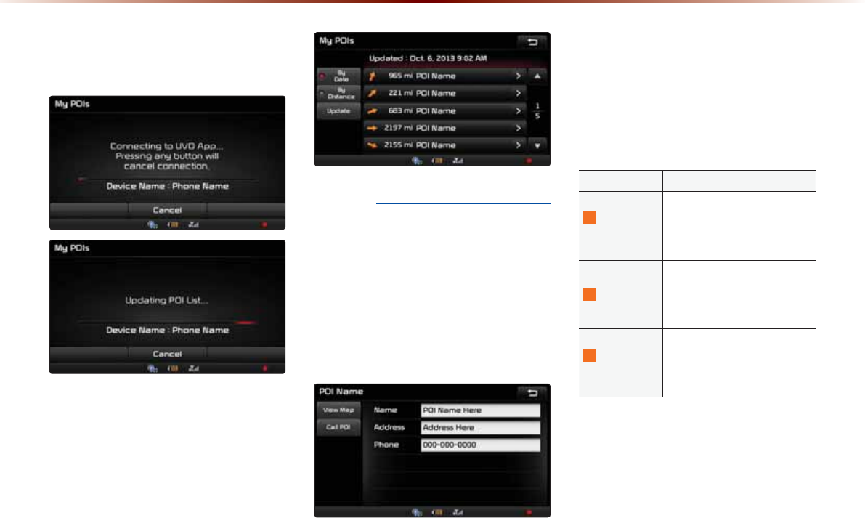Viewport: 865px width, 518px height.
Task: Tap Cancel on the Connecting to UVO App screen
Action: (x=167, y=209)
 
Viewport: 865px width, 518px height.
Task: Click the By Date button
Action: (x=338, y=76)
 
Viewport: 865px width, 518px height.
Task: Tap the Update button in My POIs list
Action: (x=338, y=111)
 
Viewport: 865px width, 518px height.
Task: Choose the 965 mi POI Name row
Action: (x=444, y=76)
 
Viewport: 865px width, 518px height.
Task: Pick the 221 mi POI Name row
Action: (x=444, y=93)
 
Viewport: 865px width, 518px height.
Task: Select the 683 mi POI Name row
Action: (x=444, y=110)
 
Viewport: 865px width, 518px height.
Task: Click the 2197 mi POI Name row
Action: (x=444, y=128)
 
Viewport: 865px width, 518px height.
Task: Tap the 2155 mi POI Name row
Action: (x=444, y=145)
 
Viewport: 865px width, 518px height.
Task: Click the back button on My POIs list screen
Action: (x=533, y=42)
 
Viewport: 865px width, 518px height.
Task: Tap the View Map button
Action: (x=338, y=410)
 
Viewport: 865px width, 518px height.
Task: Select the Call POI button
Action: (x=338, y=427)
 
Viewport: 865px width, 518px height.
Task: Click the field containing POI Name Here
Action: (x=480, y=410)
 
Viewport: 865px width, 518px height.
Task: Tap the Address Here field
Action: (x=480, y=427)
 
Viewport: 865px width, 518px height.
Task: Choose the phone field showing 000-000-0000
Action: (x=480, y=445)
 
